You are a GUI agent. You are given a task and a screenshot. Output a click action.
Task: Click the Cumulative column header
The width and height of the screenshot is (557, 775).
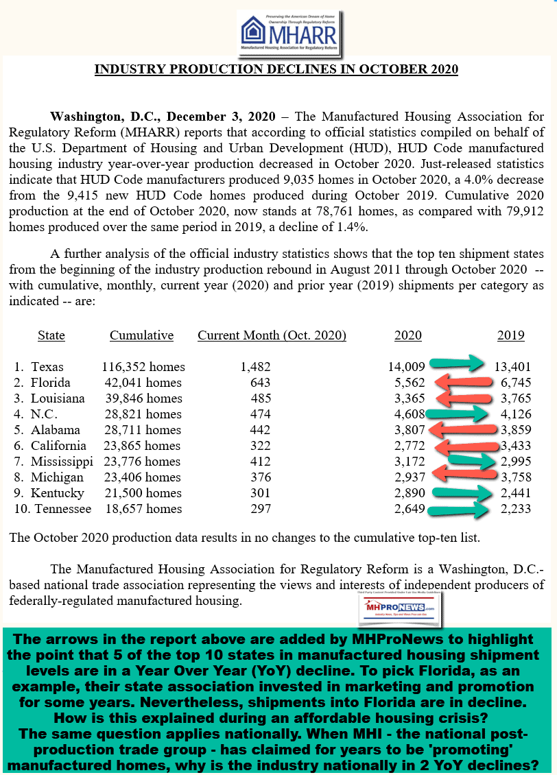[141, 335]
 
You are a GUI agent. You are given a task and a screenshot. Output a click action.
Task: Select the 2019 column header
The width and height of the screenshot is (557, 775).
[510, 335]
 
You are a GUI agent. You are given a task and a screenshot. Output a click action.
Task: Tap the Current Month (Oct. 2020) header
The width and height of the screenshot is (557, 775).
[272, 335]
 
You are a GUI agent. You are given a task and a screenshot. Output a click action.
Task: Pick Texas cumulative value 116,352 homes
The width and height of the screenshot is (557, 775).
[143, 367]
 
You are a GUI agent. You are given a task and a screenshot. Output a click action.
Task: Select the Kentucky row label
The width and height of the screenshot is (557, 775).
[57, 493]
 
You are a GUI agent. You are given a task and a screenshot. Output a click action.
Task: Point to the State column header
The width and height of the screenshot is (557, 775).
[51, 335]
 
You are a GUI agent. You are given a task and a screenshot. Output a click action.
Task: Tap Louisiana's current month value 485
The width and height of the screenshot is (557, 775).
[260, 398]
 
